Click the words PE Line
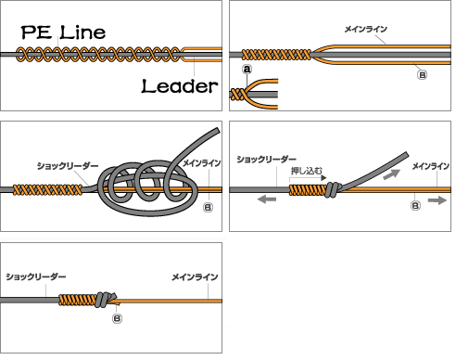[63, 32]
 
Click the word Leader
[180, 86]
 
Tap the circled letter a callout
[247, 70]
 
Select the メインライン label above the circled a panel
[366, 29]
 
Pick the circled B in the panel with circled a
[423, 75]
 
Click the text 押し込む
[307, 171]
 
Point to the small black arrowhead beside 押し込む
[324, 178]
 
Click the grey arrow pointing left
[267, 199]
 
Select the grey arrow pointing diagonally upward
[391, 174]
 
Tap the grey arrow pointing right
[437, 200]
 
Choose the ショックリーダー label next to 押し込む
[266, 160]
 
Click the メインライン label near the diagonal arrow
[431, 166]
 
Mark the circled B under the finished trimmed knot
[117, 318]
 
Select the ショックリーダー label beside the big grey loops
[68, 166]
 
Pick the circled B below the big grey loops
[209, 207]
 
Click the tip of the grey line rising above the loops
[219, 131]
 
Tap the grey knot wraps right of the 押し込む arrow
[333, 189]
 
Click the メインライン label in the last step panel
[195, 277]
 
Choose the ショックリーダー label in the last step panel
[36, 276]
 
